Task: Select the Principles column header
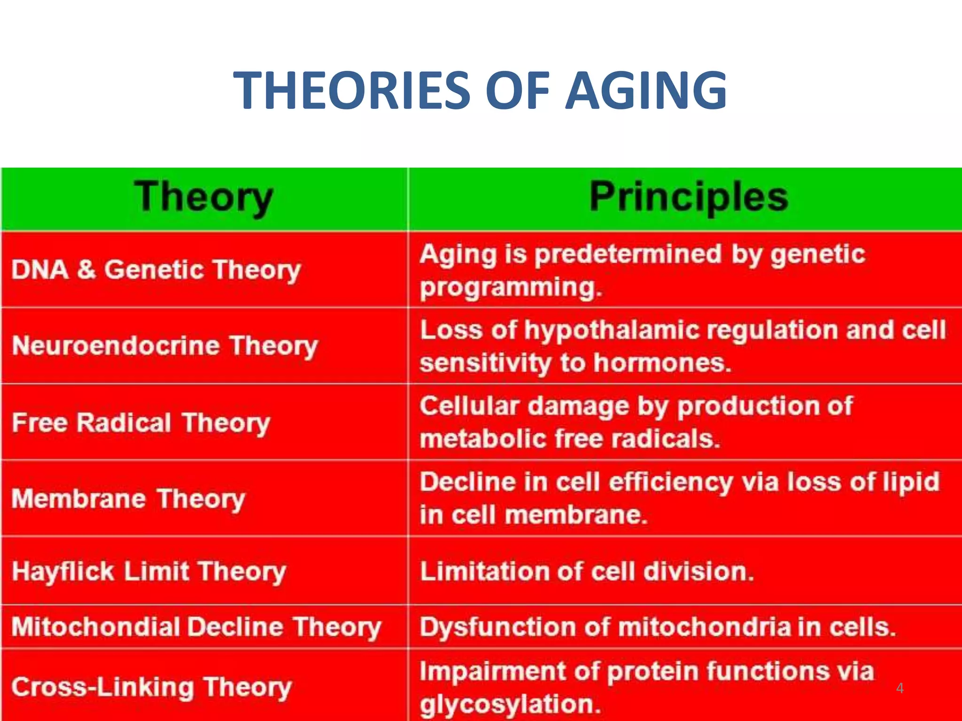(688, 197)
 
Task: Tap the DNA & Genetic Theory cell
(156, 270)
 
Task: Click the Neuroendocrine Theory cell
(165, 346)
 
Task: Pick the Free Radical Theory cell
(141, 422)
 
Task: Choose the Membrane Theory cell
(128, 499)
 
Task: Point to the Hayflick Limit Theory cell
(149, 572)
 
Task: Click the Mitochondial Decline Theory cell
(196, 627)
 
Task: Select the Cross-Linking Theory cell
(152, 687)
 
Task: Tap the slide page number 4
(900, 688)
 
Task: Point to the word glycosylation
(510, 705)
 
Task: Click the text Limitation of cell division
(587, 572)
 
